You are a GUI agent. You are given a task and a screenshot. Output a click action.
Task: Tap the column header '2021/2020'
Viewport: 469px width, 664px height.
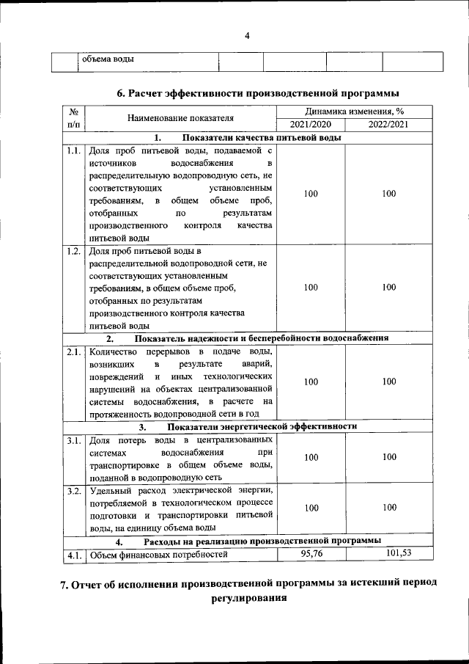pos(311,124)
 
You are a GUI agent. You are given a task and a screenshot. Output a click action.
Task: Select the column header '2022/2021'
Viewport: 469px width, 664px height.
pos(388,124)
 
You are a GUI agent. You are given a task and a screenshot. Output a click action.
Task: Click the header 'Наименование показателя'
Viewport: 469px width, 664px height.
pos(180,117)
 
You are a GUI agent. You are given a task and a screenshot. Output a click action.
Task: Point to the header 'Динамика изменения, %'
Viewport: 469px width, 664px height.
pos(350,111)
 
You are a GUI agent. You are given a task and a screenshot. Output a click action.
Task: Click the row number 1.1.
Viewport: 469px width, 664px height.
pos(73,150)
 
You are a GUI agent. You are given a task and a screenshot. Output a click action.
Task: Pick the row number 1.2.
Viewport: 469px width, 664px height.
pos(73,252)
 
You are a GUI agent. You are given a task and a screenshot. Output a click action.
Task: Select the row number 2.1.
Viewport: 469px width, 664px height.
pos(73,352)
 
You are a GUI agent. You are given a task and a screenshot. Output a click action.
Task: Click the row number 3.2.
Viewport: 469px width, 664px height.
pos(73,490)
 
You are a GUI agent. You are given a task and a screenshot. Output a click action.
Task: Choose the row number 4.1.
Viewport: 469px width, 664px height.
pos(73,555)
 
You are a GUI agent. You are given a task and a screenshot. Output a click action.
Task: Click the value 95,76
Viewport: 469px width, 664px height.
pos(311,552)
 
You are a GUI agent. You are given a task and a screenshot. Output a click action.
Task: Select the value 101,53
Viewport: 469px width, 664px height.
pos(389,552)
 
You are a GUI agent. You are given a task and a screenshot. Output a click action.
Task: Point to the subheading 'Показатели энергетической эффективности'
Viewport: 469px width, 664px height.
pos(262,426)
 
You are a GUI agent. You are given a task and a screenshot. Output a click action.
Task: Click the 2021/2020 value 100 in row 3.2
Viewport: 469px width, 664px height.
pos(311,508)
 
